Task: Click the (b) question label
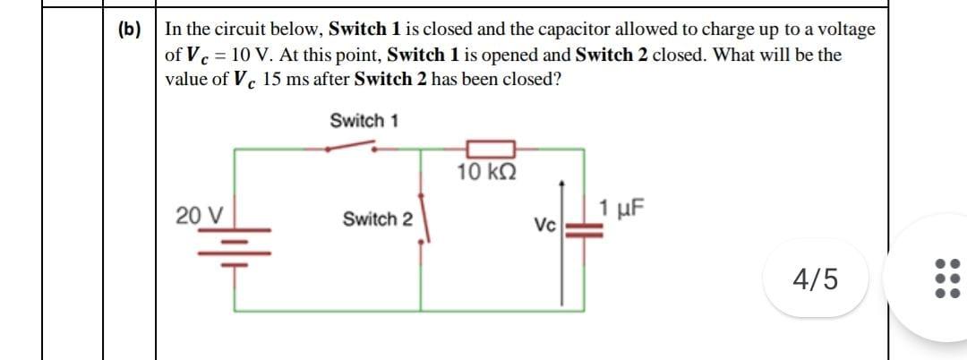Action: tap(129, 30)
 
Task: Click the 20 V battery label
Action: tap(199, 216)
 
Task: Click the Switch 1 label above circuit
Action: tap(364, 120)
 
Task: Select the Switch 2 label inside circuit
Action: tap(377, 219)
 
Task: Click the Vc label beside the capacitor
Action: tap(545, 223)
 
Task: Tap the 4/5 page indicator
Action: tap(816, 279)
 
